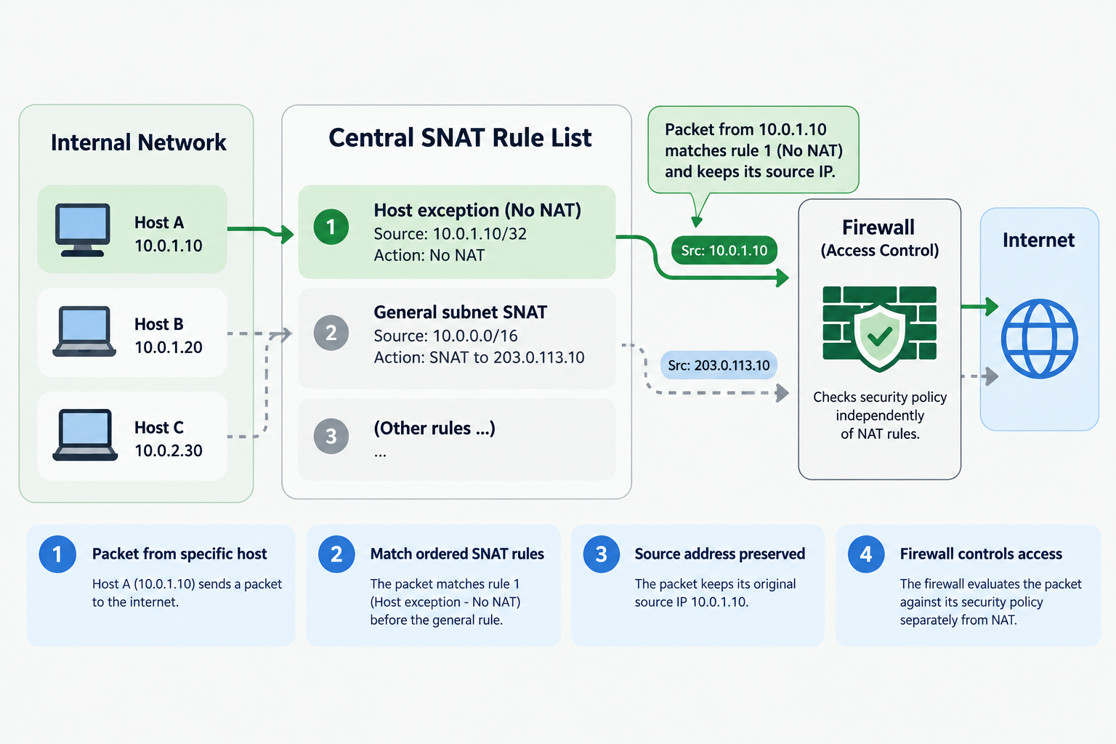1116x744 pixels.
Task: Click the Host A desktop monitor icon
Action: point(83,230)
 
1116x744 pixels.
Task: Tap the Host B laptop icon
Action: point(84,331)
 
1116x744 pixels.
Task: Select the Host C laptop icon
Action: point(85,434)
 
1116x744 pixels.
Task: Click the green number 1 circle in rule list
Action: point(331,227)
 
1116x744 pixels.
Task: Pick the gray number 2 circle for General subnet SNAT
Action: point(331,332)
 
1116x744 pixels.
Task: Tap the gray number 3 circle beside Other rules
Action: point(331,436)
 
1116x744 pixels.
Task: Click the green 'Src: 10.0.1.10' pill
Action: point(724,250)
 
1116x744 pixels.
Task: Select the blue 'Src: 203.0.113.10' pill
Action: point(719,365)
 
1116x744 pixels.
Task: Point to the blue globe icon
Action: point(1039,339)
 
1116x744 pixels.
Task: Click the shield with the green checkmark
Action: point(880,337)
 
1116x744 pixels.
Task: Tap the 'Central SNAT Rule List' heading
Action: point(460,137)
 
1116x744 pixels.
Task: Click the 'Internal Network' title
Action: point(139,142)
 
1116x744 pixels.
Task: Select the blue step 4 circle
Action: point(866,554)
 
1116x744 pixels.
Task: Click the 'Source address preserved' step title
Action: point(719,554)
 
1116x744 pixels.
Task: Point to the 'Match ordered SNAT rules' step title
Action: point(457,554)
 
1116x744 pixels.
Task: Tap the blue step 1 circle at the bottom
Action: point(57,554)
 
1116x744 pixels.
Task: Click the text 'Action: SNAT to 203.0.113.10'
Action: point(479,357)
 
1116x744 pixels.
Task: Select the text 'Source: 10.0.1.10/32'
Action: point(450,234)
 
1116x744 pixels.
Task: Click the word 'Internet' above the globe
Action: point(1038,240)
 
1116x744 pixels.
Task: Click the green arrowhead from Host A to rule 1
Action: point(288,233)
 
